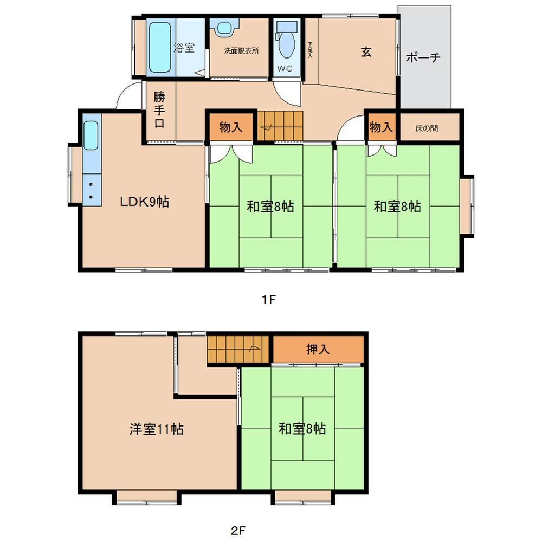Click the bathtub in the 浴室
click(160, 47)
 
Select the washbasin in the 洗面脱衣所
click(224, 27)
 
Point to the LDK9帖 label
click(145, 202)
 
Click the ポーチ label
click(423, 57)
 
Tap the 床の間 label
click(427, 128)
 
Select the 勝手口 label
click(159, 110)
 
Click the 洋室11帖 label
click(157, 429)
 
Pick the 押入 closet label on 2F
click(318, 349)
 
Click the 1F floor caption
click(269, 299)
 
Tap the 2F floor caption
click(238, 530)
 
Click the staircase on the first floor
click(280, 126)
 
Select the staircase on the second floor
click(238, 350)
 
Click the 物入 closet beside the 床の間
click(382, 127)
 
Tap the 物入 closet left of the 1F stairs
click(230, 127)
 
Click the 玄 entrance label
click(366, 52)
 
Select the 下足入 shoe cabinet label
click(310, 50)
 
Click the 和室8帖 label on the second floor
click(302, 429)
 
